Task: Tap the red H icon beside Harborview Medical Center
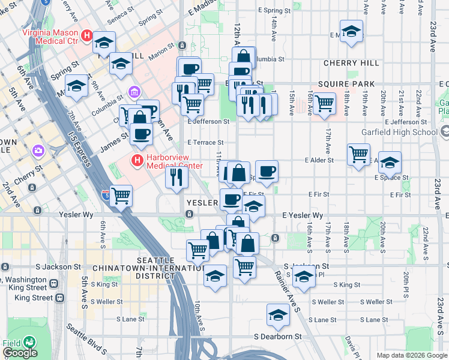[x=137, y=160]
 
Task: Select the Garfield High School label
[x=408, y=132]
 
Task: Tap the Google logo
[x=20, y=353]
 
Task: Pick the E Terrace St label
[x=205, y=143]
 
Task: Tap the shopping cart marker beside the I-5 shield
[x=121, y=194]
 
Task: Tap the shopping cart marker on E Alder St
[x=358, y=154]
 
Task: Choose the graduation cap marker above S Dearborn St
[x=278, y=314]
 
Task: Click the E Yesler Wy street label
[x=303, y=215]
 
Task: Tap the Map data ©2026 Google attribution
[x=412, y=355]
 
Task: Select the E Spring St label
[x=274, y=11]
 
